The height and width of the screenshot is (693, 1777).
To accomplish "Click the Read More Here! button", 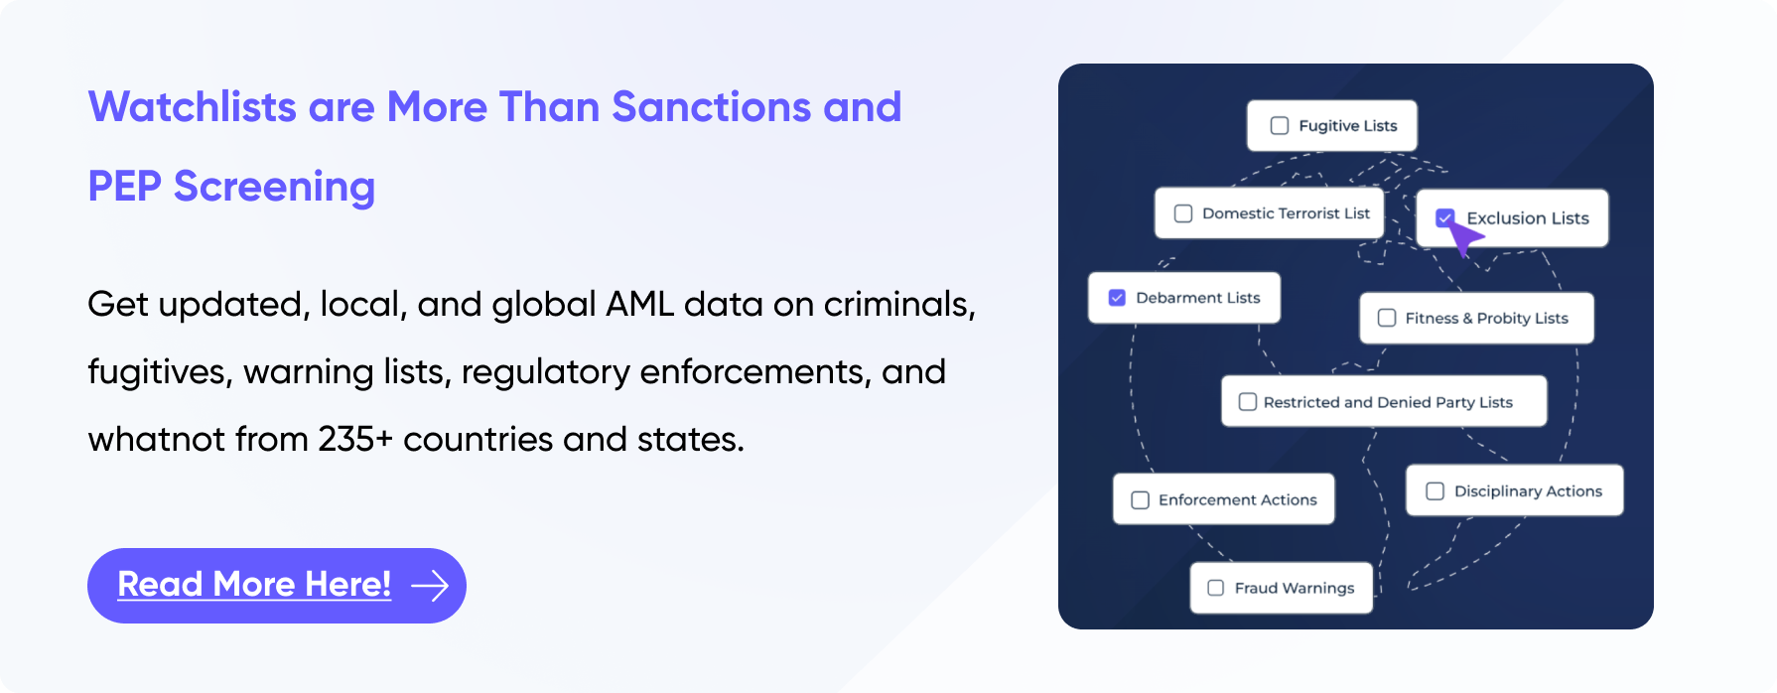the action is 277,586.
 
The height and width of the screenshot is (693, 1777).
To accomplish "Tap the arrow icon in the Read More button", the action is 430,586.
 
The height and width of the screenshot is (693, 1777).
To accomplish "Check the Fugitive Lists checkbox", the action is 1280,126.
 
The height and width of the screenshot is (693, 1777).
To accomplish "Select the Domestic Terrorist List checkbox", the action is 1183,213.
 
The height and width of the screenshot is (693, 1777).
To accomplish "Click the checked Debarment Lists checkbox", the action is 1117,298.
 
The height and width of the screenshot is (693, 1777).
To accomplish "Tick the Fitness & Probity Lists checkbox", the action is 1387,318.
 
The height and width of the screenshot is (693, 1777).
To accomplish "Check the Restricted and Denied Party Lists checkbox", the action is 1248,402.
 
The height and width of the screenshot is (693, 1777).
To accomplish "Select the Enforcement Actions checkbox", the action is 1141,500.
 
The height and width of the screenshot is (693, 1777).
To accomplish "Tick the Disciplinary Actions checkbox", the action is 1435,491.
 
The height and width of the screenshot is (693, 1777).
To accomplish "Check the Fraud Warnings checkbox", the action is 1215,588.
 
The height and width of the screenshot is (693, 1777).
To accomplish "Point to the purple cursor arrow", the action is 1463,238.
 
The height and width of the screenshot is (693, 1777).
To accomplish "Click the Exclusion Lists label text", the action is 1528,218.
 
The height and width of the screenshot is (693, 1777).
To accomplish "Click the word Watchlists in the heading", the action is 193,107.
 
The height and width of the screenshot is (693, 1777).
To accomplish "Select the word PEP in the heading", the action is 124,187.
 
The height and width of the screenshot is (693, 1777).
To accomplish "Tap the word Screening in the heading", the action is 275,188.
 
